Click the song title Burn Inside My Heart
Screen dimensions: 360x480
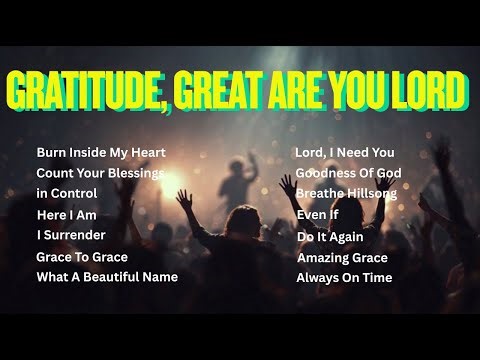click(x=101, y=153)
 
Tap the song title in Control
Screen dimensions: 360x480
click(x=67, y=193)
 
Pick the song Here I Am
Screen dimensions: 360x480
click(x=66, y=215)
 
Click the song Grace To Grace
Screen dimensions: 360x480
click(x=82, y=257)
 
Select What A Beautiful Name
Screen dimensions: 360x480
click(x=107, y=277)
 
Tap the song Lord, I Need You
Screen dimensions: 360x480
click(x=345, y=153)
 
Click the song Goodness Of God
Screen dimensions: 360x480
click(x=347, y=173)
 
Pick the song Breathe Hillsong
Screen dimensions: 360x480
click(x=347, y=193)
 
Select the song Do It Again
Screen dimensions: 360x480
click(x=329, y=237)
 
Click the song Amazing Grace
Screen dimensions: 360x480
click(x=342, y=257)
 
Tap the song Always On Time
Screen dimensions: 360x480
click(x=344, y=277)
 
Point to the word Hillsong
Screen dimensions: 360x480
click(x=369, y=193)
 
